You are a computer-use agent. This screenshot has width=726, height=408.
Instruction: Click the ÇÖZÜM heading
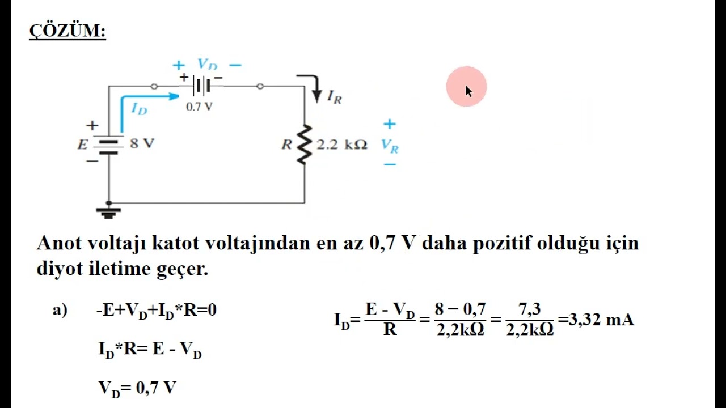pyautogui.click(x=67, y=31)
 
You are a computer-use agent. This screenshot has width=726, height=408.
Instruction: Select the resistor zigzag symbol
pyautogui.click(x=305, y=144)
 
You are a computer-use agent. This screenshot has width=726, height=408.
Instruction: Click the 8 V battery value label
pyautogui.click(x=142, y=143)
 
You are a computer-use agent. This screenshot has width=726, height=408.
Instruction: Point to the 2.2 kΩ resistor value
pyautogui.click(x=342, y=144)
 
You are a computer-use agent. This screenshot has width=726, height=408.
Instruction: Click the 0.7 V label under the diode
pyautogui.click(x=199, y=107)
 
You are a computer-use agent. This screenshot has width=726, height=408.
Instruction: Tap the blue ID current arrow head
pyautogui.click(x=174, y=96)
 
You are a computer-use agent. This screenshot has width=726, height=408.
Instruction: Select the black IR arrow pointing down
pyautogui.click(x=313, y=87)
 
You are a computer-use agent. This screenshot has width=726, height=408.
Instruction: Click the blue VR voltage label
pyautogui.click(x=390, y=146)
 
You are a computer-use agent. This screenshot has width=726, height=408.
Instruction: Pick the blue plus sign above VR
pyautogui.click(x=389, y=124)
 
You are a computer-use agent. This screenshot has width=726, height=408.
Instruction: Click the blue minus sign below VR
pyautogui.click(x=390, y=164)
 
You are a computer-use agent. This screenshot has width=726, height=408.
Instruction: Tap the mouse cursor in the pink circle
pyautogui.click(x=468, y=91)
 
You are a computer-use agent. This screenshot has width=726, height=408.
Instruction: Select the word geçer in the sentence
pyautogui.click(x=182, y=269)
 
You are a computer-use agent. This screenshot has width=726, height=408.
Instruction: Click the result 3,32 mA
pyautogui.click(x=601, y=320)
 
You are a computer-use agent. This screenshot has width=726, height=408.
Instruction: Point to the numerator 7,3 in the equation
pyautogui.click(x=529, y=309)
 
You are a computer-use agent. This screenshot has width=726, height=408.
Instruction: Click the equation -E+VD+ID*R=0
pyautogui.click(x=157, y=310)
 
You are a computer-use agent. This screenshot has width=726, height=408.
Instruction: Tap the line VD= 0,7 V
pyautogui.click(x=137, y=388)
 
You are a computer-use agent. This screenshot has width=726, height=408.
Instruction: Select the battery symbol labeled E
pyautogui.click(x=108, y=147)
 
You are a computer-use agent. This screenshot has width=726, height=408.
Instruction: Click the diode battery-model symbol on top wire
pyautogui.click(x=201, y=86)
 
